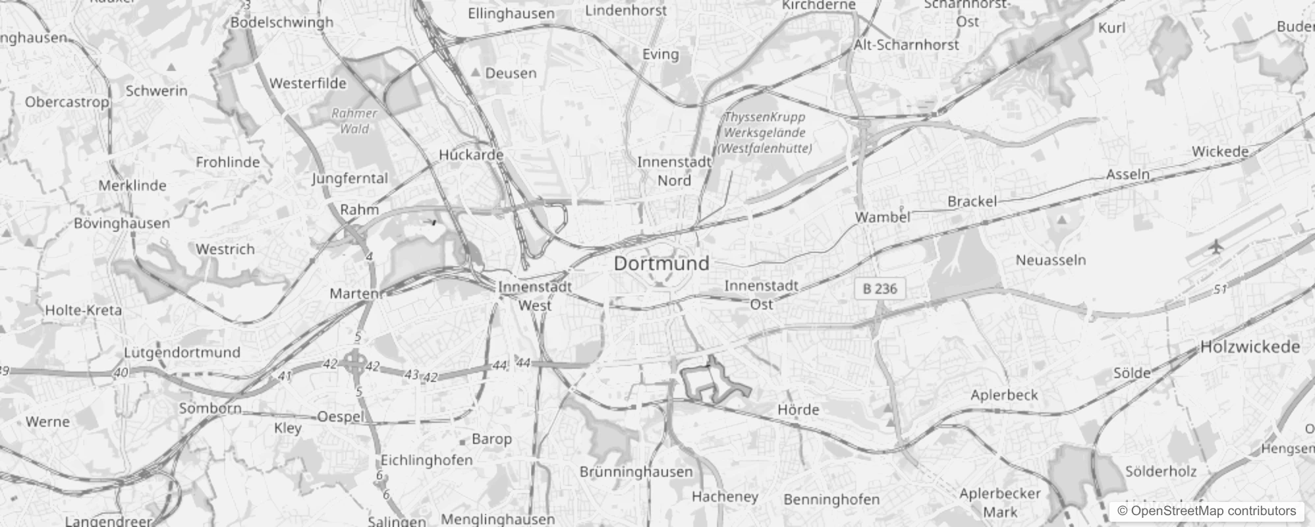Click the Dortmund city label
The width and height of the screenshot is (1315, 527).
pos(661,263)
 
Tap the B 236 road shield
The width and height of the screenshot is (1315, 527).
pos(880,289)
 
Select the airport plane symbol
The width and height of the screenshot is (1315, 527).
pos(1216,247)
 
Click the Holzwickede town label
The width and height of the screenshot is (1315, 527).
pos(1250,347)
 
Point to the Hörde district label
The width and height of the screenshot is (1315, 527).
pos(798,410)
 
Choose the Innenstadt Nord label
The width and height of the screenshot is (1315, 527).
pos(674,171)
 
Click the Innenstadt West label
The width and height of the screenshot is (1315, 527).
pos(535,296)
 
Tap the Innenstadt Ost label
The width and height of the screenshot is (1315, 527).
pos(762,294)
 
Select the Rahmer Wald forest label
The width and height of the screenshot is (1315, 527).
pos(354,121)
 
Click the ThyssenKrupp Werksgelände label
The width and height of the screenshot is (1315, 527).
pos(764,132)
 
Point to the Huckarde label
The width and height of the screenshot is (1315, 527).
pos(471,155)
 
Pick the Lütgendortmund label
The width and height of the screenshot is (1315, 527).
pos(182,352)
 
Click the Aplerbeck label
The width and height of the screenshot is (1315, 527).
pos(1004,395)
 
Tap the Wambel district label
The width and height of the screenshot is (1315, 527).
pos(882,217)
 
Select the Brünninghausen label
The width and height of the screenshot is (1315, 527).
pos(636,472)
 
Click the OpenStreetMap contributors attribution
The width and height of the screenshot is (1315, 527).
pos(1206,511)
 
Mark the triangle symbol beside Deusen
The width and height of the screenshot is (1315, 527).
pos(476,72)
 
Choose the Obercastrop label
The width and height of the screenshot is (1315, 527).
pos(67,102)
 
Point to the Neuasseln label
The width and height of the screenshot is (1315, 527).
pos(1050,260)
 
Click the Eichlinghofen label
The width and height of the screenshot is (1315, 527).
pos(426,460)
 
